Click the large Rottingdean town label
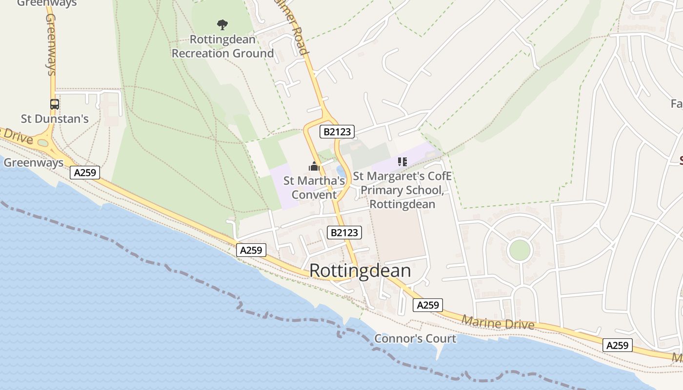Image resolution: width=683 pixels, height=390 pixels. pos(360,271)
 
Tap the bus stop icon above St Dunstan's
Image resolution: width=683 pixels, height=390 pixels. pos(55,104)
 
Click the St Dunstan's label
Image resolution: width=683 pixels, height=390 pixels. pos(55,118)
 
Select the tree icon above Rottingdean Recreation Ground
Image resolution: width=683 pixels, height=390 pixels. pos(222,24)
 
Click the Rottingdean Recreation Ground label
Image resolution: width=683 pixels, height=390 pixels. pos(222,46)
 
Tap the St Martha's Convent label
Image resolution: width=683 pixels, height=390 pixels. pos(314,188)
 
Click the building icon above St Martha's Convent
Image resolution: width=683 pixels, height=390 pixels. pos(314,167)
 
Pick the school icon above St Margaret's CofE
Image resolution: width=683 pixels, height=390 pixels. pos(402,161)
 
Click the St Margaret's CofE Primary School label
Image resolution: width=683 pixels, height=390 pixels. pos(402,190)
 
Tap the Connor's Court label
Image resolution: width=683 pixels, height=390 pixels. pos(415,338)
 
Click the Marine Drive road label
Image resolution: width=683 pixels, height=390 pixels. pos(498,323)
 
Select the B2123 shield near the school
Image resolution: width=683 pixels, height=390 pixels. pos(337,131)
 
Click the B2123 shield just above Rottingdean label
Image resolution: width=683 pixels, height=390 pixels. pos(344,233)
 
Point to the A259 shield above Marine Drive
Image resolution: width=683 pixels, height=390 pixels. pos(428,305)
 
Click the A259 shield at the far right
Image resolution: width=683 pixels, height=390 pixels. pos(617,345)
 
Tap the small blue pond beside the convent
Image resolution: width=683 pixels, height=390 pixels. pos(341,172)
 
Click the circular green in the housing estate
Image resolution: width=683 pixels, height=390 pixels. pos(519,251)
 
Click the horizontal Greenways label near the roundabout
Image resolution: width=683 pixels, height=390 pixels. pos(34,163)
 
